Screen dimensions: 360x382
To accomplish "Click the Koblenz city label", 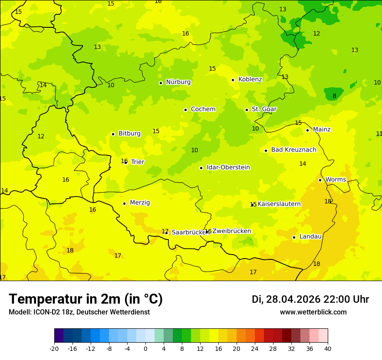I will click(x=250, y=79).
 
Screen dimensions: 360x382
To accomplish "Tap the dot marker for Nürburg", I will click(x=161, y=83).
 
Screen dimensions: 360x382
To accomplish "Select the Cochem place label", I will click(x=203, y=109).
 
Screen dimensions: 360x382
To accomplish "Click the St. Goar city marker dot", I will click(x=247, y=110).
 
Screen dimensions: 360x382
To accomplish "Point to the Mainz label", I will click(x=322, y=130).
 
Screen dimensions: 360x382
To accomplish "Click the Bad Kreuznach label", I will click(x=293, y=150).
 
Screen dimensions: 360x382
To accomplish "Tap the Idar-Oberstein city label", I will click(x=228, y=167).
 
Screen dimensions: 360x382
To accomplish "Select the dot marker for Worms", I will click(x=320, y=180).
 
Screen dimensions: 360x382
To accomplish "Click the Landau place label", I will click(x=310, y=237).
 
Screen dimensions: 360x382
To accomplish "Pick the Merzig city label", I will click(x=140, y=203).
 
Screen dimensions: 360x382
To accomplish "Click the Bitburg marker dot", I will click(x=113, y=134).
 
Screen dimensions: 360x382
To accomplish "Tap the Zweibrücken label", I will click(x=231, y=231).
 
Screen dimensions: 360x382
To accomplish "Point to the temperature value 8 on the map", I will click(x=334, y=96).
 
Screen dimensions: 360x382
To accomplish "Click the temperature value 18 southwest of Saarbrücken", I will click(x=70, y=251).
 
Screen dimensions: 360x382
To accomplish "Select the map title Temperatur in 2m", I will click(x=86, y=299).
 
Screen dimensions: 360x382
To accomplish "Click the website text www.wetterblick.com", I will click(x=313, y=312).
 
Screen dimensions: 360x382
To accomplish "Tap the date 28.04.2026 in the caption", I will click(x=293, y=299).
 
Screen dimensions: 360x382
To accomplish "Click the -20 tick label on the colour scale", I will click(x=54, y=348).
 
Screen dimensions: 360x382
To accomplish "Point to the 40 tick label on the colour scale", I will click(x=328, y=348).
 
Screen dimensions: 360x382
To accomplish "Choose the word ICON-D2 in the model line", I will click(x=44, y=312).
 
